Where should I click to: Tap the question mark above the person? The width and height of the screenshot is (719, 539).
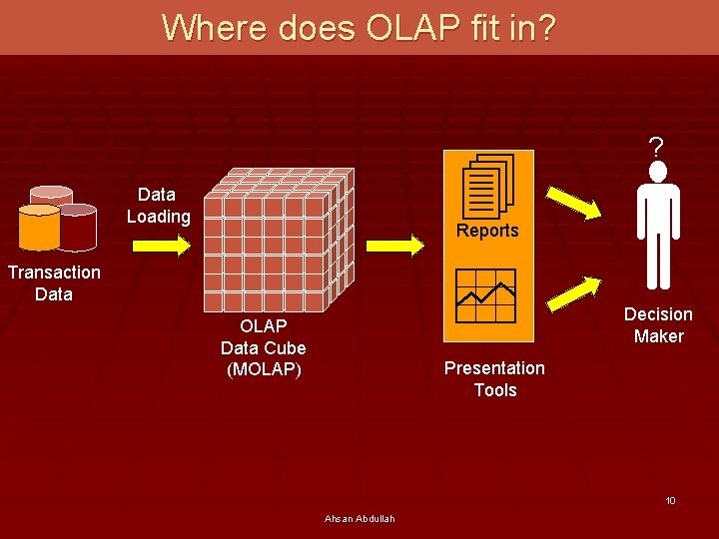655,148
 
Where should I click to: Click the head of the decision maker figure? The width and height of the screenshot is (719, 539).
657,173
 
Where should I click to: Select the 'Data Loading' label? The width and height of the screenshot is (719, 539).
158,206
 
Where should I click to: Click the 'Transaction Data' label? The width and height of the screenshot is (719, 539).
54,282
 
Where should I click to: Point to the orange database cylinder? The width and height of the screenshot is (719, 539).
40,227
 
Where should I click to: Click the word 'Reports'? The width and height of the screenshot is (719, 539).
487,231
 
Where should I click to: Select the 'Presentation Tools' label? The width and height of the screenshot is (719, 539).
494,379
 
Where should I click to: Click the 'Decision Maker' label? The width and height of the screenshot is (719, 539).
658,325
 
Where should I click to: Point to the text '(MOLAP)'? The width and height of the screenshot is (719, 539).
264,369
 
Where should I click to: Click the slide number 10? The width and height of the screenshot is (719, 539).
671,500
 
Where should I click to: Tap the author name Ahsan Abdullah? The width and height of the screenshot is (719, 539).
359,518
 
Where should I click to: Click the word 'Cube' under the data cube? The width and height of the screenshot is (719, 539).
286,347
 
